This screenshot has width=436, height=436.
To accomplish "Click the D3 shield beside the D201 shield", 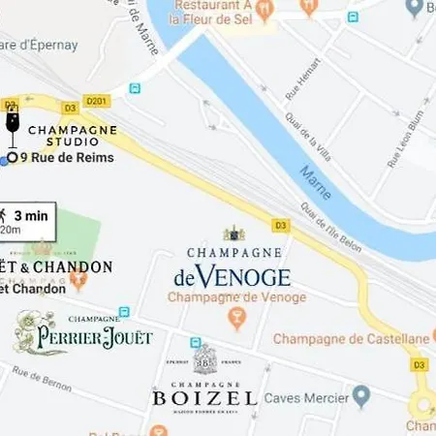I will pyautogui.click(x=70, y=107).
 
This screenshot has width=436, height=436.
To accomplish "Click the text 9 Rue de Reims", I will pyautogui.click(x=67, y=158).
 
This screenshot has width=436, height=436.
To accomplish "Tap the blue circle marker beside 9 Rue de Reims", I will pyautogui.click(x=12, y=158).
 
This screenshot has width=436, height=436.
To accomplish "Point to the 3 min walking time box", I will pyautogui.click(x=26, y=221).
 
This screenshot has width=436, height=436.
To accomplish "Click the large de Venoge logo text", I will pyautogui.click(x=233, y=277).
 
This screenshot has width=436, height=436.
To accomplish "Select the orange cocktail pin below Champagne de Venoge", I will pyautogui.click(x=234, y=317).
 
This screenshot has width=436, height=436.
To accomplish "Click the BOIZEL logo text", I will pyautogui.click(x=204, y=398).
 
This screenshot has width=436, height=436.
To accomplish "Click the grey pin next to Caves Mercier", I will pyautogui.click(x=361, y=395).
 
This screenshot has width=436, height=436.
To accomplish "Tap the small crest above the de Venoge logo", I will pyautogui.click(x=234, y=234).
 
